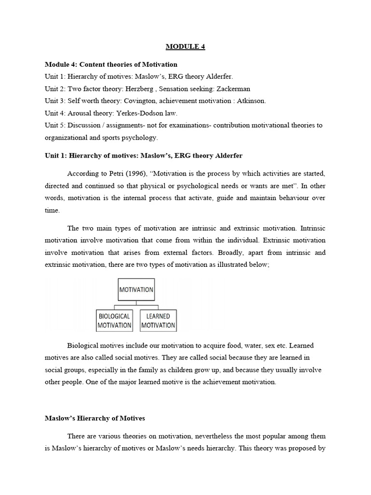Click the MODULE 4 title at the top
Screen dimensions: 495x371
click(x=185, y=47)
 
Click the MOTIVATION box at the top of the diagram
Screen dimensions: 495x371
click(x=136, y=290)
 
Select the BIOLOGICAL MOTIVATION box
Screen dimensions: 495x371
click(x=114, y=321)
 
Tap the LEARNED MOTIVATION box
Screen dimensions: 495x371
click(x=158, y=321)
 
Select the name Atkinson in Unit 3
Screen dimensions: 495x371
click(x=248, y=101)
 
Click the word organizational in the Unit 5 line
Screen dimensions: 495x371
click(x=65, y=137)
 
